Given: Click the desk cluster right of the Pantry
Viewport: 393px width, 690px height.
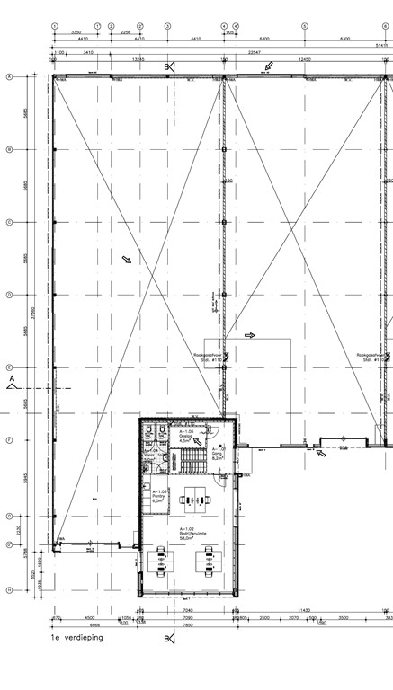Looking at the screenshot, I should (x=192, y=500).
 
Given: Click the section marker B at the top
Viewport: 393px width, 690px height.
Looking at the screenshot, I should (x=166, y=67).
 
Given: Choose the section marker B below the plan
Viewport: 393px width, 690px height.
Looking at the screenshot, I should (x=167, y=639).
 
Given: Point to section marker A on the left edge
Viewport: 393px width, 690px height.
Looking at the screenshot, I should (x=12, y=382).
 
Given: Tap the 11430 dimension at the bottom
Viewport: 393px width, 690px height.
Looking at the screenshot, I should (x=304, y=611).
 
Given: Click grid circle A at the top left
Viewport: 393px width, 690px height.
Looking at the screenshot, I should (x=9, y=77).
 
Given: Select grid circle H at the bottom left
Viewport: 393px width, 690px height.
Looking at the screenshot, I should (x=9, y=590).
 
